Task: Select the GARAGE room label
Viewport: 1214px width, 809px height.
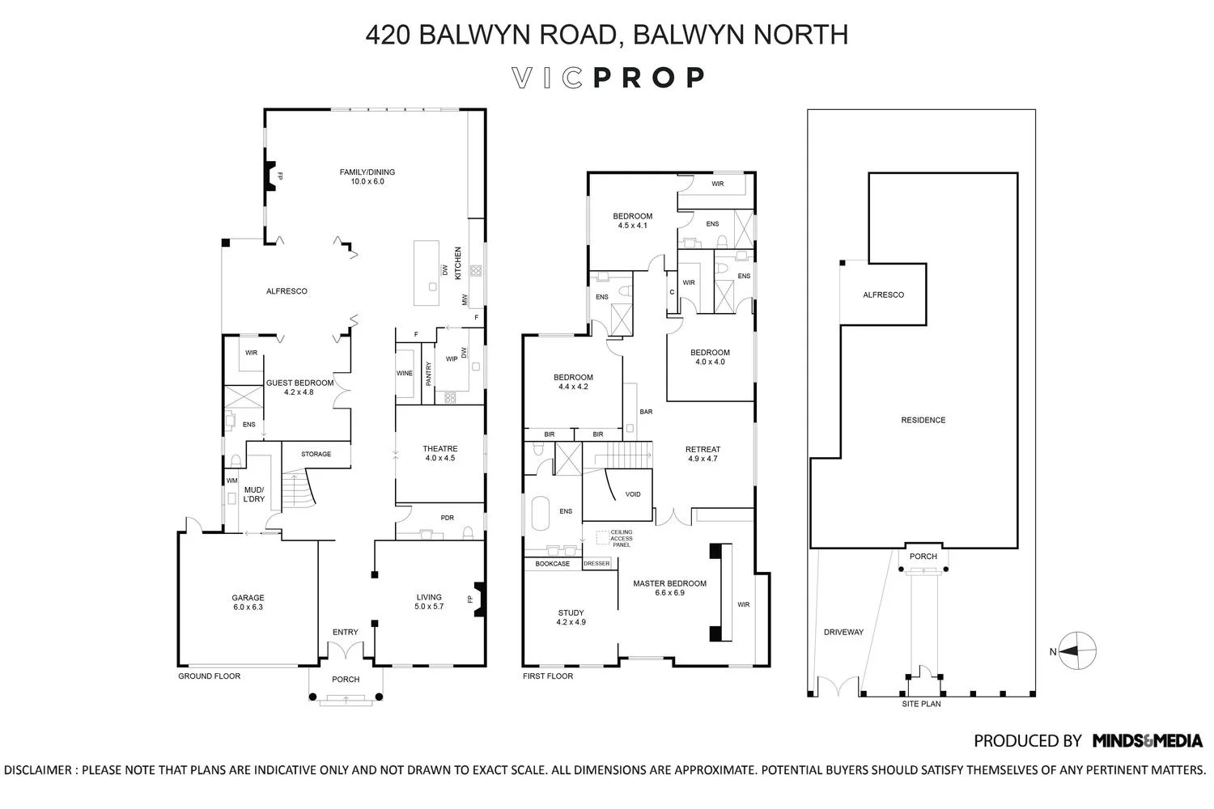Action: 248,603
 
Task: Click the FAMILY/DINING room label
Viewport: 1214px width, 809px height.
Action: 367,176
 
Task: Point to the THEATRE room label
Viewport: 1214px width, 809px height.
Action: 439,453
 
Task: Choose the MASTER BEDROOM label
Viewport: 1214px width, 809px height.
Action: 669,587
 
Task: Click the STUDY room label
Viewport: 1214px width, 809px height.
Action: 571,617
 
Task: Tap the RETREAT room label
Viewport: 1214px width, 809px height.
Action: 702,454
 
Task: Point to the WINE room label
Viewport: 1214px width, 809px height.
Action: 404,374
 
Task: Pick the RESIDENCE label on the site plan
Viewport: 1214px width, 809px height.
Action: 923,420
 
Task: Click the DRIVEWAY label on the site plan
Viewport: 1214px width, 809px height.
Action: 843,632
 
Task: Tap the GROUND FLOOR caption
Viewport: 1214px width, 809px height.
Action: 209,676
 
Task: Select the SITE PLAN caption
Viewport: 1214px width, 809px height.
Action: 921,704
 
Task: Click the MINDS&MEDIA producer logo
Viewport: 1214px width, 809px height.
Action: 1147,740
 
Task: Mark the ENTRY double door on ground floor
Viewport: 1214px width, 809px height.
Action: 346,650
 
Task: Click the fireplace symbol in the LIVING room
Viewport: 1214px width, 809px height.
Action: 478,599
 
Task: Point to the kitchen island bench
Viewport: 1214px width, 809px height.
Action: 427,272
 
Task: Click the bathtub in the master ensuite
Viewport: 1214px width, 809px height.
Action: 540,513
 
